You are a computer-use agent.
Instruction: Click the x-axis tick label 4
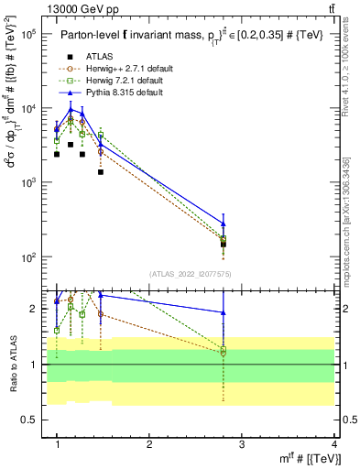[334, 444]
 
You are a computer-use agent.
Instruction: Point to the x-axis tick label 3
[242, 444]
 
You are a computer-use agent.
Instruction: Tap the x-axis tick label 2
[149, 444]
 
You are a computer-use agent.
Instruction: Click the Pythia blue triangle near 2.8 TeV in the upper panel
[224, 223]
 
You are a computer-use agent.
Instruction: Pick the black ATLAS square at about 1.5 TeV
[101, 171]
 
